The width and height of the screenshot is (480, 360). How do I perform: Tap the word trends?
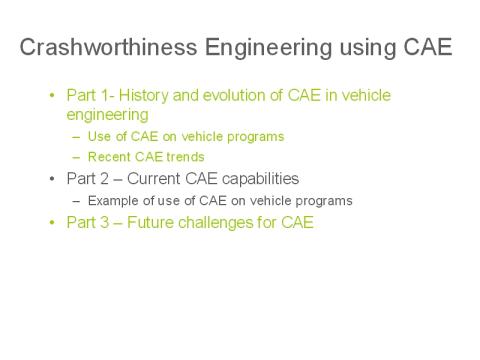(188, 158)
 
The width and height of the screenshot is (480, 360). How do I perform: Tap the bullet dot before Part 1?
(52, 95)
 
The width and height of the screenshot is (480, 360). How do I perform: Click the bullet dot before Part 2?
(52, 179)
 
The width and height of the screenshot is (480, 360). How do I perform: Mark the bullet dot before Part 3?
(52, 222)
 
